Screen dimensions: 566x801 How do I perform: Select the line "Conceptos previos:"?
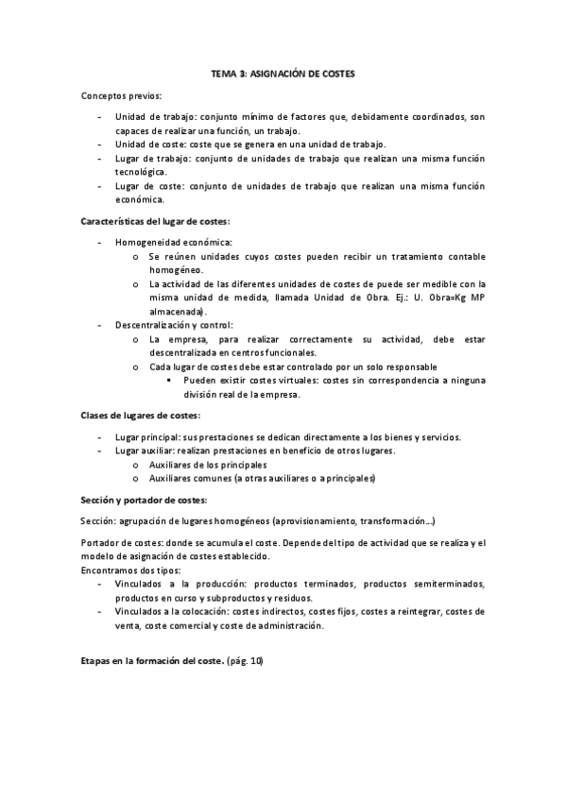click(122, 96)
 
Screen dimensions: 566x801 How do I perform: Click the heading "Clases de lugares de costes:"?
click(140, 415)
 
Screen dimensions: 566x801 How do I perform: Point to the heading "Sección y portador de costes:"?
click(144, 500)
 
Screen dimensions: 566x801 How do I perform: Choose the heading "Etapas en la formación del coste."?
click(150, 660)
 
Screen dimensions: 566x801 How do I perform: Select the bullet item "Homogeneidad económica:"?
click(166, 243)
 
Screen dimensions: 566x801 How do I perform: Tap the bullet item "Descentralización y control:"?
click(174, 324)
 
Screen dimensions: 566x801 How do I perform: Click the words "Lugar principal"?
click(144, 437)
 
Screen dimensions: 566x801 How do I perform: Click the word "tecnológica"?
click(141, 172)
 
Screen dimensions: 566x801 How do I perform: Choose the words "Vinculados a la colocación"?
click(174, 612)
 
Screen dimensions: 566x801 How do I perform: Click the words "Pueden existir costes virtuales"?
click(255, 382)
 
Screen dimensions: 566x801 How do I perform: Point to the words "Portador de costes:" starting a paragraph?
click(122, 543)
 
